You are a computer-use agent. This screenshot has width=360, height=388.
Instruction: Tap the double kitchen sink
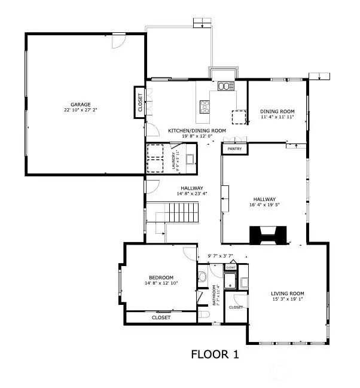pos(225,86)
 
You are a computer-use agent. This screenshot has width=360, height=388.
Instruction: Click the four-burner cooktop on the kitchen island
pos(205,107)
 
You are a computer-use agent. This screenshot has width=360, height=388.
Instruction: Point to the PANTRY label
pos(234,149)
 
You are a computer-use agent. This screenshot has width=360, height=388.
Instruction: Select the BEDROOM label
pos(161,277)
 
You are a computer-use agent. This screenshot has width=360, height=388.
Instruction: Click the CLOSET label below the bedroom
pos(161,317)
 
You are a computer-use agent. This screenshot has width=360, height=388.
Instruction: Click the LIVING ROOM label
pos(288,293)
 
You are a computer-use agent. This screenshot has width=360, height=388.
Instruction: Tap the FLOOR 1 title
pos(215,355)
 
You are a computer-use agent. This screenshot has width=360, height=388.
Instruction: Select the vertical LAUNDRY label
pos(173,161)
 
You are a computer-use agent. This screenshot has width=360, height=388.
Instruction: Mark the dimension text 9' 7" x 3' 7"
pos(219,256)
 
